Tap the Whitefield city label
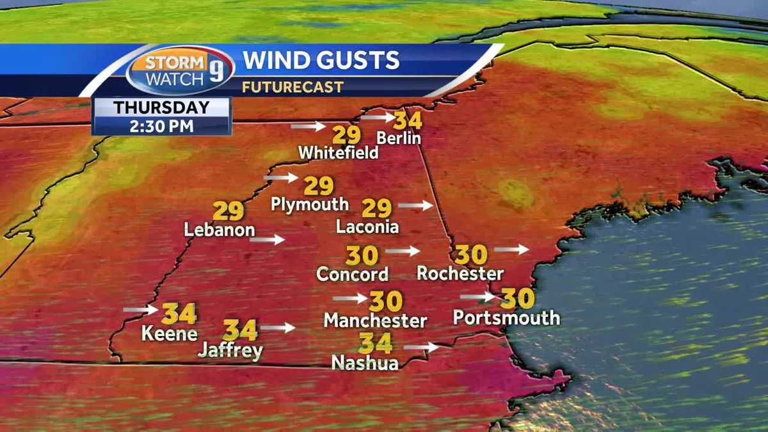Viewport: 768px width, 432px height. (x=339, y=153)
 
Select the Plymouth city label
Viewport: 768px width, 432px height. (x=310, y=204)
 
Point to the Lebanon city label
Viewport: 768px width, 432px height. (x=220, y=229)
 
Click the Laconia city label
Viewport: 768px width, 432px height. (x=367, y=227)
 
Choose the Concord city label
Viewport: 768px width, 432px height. (x=353, y=274)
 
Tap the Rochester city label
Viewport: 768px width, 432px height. (x=460, y=273)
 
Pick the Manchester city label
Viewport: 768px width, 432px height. (x=375, y=319)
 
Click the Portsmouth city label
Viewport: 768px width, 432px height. (x=506, y=317)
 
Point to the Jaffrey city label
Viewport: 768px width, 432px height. (x=230, y=350)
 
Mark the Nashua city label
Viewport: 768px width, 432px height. (x=365, y=362)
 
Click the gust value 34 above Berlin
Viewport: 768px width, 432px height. (x=408, y=120)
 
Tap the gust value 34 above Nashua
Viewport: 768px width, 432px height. (x=376, y=344)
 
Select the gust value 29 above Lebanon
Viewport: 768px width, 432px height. (x=228, y=211)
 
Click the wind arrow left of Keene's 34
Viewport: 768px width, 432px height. (x=140, y=310)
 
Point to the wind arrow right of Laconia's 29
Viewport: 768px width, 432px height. (x=415, y=205)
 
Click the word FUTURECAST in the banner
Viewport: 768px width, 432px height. (x=293, y=86)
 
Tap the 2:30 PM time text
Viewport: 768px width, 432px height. (x=162, y=125)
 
